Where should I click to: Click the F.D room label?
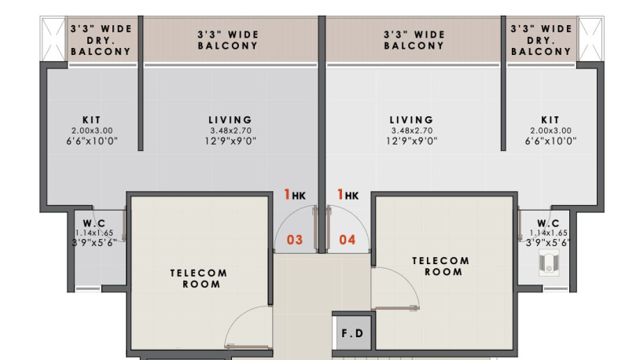tap(352, 333)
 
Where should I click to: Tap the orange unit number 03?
tap(295, 240)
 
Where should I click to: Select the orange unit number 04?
tap(348, 240)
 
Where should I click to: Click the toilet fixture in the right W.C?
tap(549, 263)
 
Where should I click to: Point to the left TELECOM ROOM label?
tap(199, 278)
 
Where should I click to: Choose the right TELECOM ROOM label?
tap(441, 266)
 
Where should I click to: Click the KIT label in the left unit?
tap(92, 119)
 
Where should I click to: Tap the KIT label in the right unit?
tap(550, 119)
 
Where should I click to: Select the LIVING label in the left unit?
tap(230, 119)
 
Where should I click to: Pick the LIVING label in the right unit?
tap(412, 119)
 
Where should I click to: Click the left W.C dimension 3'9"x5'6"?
tap(94, 243)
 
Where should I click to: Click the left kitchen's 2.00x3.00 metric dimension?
tap(92, 130)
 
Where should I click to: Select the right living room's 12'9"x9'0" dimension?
tap(412, 141)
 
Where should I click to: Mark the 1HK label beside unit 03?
tap(295, 195)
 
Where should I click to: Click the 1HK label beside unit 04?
tap(348, 195)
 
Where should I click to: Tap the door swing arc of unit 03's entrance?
tap(285, 218)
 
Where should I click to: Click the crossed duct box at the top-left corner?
tap(53, 39)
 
